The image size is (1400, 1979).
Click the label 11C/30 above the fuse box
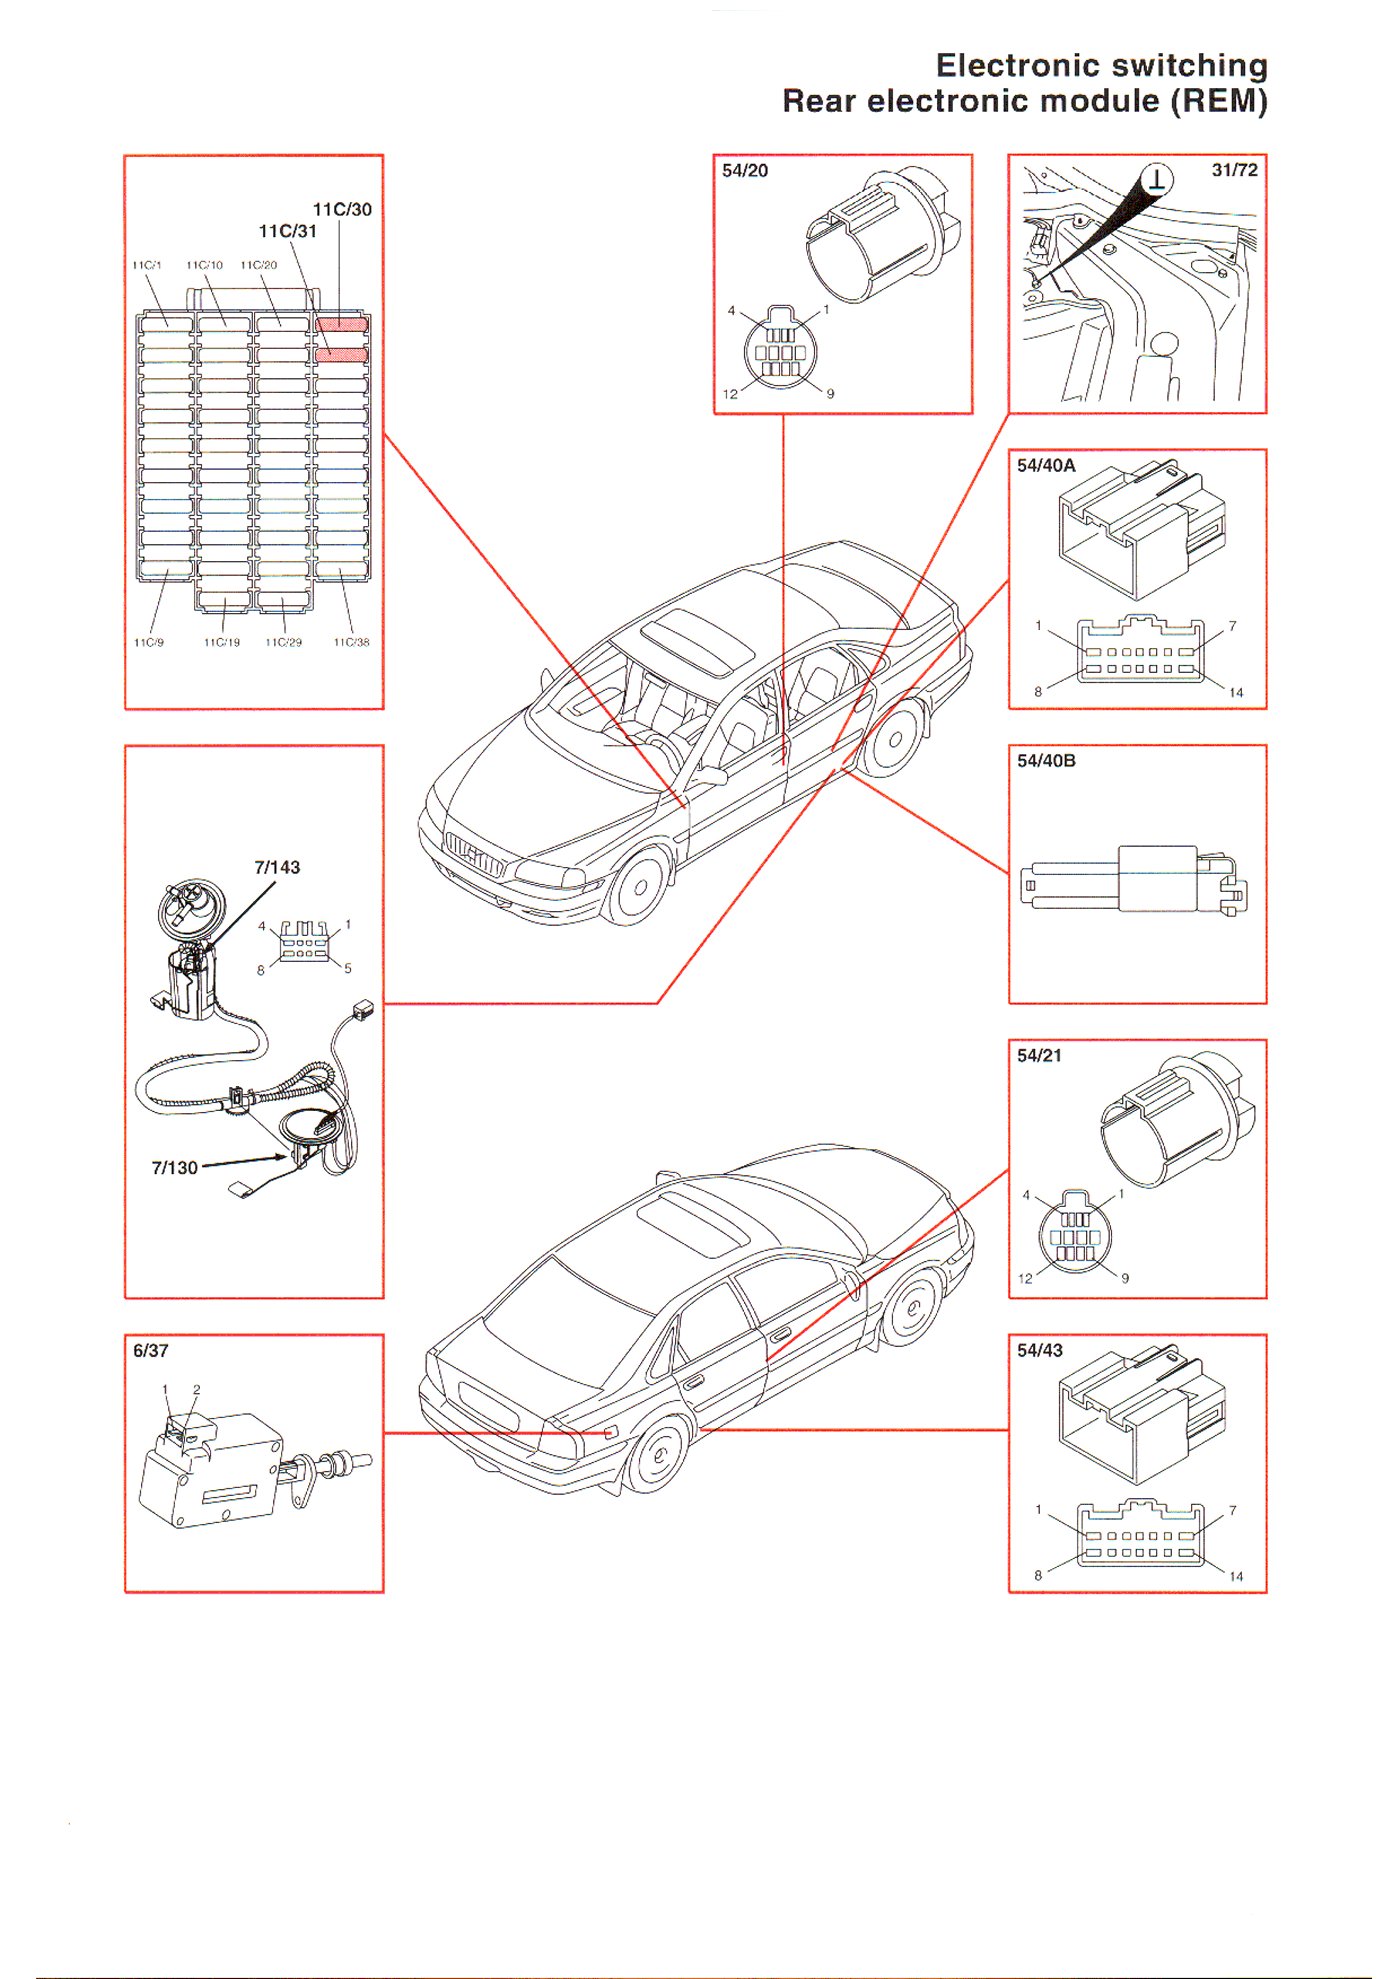click(342, 209)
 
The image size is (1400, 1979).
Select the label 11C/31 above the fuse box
click(288, 231)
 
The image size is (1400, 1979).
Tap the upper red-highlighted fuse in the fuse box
click(342, 324)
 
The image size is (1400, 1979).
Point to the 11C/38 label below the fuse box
click(351, 642)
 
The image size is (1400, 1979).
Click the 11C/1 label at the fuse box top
click(147, 265)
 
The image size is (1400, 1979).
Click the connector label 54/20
click(745, 171)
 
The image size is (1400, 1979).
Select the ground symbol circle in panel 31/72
click(1157, 180)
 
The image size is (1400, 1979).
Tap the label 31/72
click(1234, 170)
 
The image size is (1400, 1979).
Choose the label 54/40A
click(1046, 465)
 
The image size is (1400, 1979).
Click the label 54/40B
click(1046, 761)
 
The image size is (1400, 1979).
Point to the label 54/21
click(1039, 1055)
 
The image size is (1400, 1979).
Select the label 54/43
click(1040, 1350)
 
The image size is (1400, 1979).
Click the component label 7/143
click(277, 867)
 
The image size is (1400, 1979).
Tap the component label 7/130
click(175, 1167)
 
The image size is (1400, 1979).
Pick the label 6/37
click(151, 1350)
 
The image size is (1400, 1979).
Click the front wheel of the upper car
click(639, 886)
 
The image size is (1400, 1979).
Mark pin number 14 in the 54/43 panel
click(1236, 1576)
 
